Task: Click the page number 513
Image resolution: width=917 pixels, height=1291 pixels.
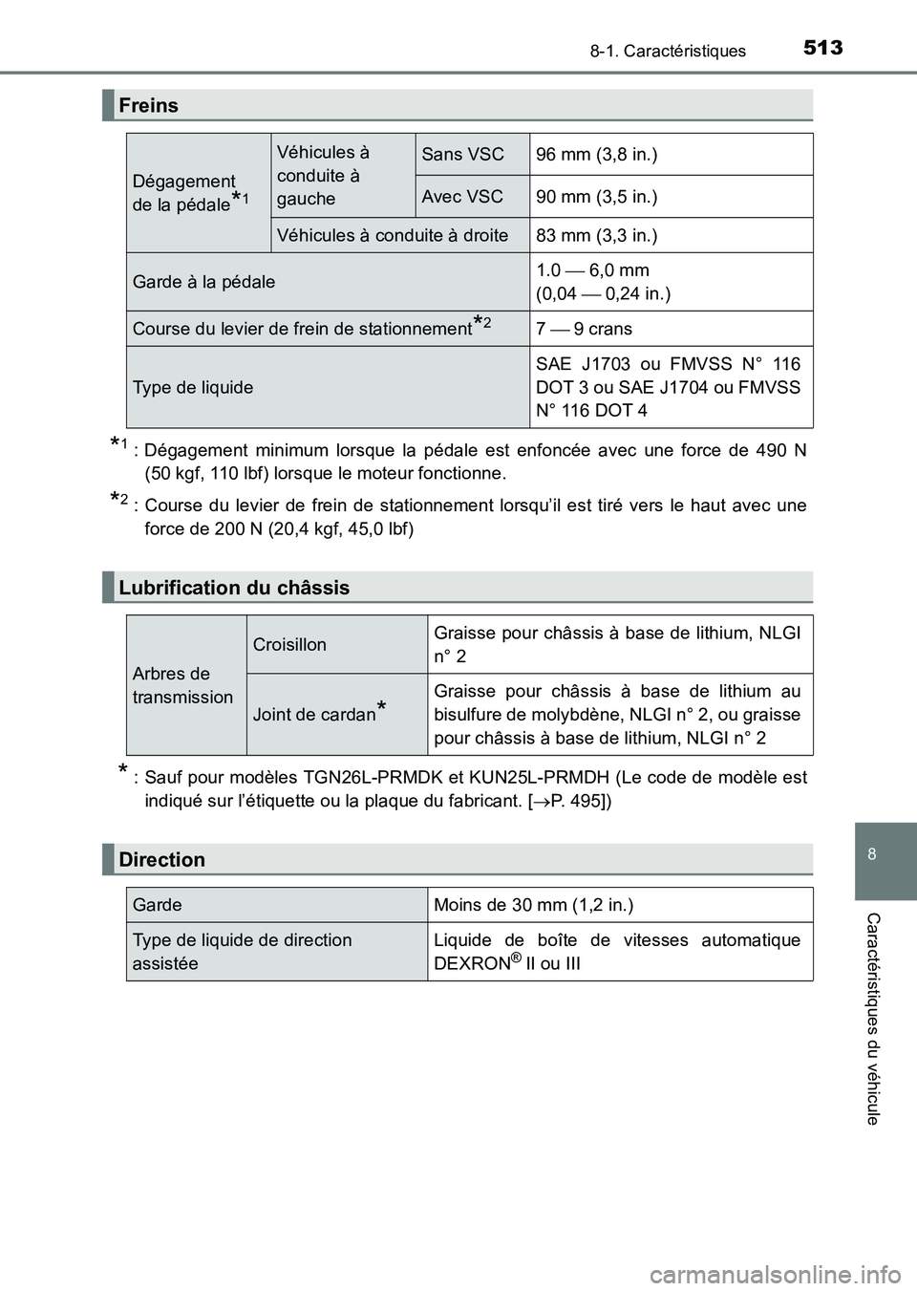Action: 823,47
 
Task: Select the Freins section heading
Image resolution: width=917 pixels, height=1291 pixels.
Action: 149,105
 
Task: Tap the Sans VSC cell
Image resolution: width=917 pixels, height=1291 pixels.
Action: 462,154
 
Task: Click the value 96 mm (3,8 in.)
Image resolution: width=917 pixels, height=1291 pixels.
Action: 596,154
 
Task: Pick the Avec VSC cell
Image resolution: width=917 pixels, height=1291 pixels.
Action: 462,196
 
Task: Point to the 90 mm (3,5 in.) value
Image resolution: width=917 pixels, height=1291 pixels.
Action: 596,196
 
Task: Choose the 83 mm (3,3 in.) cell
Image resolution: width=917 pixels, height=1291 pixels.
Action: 596,235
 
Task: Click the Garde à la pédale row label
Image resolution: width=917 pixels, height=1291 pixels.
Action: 203,282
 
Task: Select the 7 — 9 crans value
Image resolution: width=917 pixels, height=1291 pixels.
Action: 584,329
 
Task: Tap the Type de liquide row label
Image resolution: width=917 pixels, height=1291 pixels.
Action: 193,387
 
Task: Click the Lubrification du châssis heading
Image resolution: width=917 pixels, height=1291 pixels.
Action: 234,588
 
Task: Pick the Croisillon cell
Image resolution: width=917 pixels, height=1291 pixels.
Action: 289,644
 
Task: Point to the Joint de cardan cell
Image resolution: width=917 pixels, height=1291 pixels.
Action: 315,714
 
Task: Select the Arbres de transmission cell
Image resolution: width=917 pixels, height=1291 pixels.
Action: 182,685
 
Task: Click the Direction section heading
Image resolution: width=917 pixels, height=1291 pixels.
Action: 162,860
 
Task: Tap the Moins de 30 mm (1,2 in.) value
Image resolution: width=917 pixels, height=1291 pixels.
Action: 533,905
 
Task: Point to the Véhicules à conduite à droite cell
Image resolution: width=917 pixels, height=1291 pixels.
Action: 392,235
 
